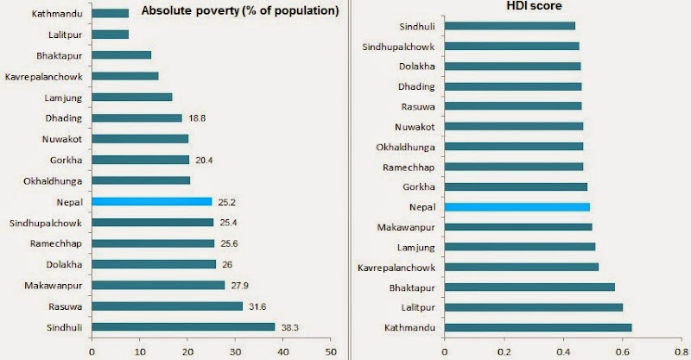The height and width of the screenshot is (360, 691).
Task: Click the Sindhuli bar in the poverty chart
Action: (183, 326)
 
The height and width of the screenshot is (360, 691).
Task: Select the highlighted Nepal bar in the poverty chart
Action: (151, 201)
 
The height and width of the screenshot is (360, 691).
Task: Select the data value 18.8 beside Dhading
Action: (196, 117)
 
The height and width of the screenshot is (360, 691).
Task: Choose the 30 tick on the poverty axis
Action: (235, 351)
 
